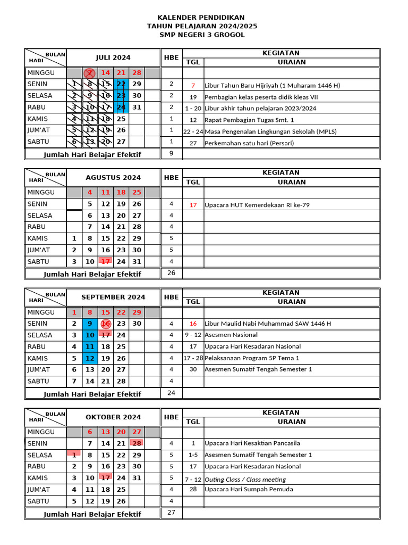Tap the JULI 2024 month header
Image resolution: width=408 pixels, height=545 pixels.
(x=113, y=57)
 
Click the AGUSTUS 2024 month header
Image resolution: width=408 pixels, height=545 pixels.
(x=113, y=178)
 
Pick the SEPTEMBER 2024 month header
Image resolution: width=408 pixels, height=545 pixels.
(x=113, y=297)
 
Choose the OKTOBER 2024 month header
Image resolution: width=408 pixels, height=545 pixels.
(x=113, y=417)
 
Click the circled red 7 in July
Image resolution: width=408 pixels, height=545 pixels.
(x=90, y=73)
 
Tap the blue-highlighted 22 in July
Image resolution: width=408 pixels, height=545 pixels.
(x=122, y=84)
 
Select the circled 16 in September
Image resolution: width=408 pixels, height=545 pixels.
(x=106, y=324)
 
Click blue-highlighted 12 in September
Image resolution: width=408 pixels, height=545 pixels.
(x=90, y=358)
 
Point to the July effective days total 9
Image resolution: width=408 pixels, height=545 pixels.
(x=171, y=153)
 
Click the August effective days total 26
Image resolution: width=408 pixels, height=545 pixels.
(x=171, y=273)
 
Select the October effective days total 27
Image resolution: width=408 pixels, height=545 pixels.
(x=171, y=513)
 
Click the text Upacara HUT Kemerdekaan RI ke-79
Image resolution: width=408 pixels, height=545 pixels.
(x=257, y=204)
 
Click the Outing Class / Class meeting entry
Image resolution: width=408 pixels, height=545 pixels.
(x=245, y=480)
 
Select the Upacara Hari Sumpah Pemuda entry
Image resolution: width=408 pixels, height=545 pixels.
(x=249, y=489)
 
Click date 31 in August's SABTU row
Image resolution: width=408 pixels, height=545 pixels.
(x=137, y=262)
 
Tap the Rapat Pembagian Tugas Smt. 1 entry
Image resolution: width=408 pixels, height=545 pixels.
(x=249, y=120)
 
